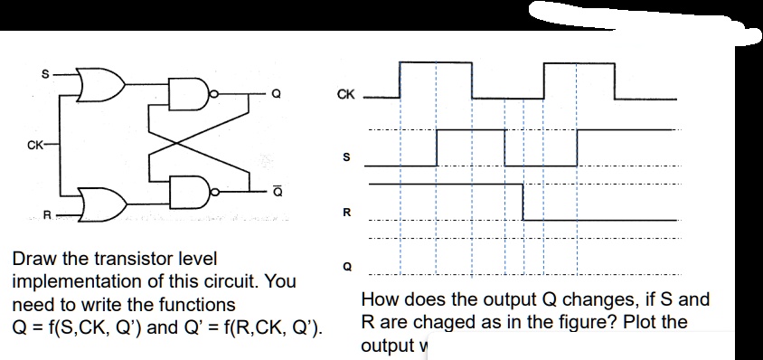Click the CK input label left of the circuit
click(x=35, y=142)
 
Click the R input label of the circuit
click(x=49, y=214)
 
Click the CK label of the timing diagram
click(x=345, y=94)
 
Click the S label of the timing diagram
click(x=344, y=156)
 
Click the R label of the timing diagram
click(x=344, y=213)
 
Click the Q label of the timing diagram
click(x=344, y=266)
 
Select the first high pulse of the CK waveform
click(x=435, y=62)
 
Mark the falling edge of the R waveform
click(x=523, y=202)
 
